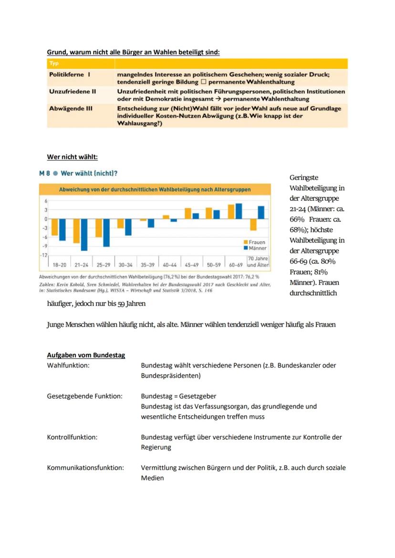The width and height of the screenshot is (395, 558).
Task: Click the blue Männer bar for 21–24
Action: [x=84, y=234]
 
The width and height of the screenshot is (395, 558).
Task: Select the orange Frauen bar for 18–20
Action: [x=55, y=227]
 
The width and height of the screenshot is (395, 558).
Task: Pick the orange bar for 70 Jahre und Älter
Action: [x=253, y=224]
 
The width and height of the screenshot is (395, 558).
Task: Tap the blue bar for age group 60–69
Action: [x=239, y=211]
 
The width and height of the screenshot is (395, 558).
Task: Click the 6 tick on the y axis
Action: [x=45, y=201]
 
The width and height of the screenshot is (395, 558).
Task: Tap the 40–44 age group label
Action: [x=170, y=264]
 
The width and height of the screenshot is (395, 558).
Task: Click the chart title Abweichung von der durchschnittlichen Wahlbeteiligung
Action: [x=155, y=189]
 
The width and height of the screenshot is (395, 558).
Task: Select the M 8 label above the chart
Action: [x=44, y=173]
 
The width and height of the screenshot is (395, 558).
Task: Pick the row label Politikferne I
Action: [x=70, y=75]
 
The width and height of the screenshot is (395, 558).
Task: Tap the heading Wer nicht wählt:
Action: [x=72, y=157]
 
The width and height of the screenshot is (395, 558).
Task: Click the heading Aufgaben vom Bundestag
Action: [x=86, y=355]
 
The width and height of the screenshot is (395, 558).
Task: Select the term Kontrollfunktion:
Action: [x=72, y=437]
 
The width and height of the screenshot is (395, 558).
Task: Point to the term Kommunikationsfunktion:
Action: [x=85, y=468]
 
